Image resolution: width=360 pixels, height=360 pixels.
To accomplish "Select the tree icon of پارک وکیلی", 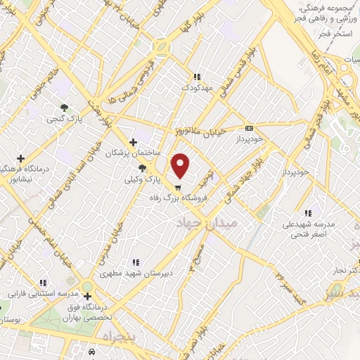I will click(143, 168).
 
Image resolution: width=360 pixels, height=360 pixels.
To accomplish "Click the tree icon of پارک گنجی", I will click(65, 108).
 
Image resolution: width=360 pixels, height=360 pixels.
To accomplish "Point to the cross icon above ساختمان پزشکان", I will click(133, 142).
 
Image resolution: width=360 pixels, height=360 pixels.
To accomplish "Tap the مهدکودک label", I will click(196, 89).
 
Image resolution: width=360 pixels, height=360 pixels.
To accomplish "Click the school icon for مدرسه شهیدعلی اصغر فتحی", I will click(307, 213).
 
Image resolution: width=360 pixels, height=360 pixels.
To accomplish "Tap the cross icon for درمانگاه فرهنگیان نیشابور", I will click(20, 158).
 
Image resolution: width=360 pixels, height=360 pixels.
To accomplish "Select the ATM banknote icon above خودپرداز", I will click(249, 128).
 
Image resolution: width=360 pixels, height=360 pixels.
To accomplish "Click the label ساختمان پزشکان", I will click(134, 153).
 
